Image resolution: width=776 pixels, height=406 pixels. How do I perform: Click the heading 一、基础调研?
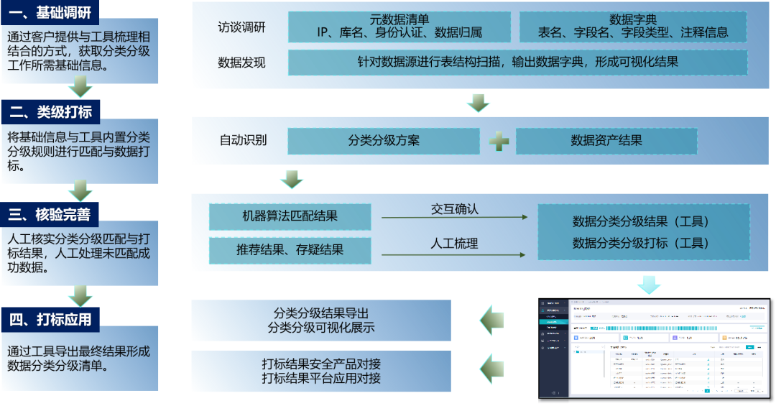point(50,11)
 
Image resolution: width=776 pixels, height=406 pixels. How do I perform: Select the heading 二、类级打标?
point(50,111)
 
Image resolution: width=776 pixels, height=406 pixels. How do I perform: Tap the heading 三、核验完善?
point(50,214)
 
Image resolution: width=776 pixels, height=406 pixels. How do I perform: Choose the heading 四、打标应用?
point(50,318)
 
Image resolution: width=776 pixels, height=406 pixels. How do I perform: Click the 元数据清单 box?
point(399,26)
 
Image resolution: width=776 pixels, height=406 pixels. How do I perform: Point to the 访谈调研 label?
point(241,27)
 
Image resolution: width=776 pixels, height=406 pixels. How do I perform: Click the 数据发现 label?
point(241,63)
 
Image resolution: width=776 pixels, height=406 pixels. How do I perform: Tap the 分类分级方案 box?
point(384,141)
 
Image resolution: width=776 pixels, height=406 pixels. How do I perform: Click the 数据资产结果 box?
point(606,141)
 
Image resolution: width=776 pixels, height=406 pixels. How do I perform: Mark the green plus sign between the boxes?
point(499,141)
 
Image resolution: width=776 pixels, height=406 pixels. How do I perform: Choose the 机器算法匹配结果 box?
point(290,216)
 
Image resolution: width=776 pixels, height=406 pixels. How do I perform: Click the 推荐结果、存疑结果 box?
point(290,250)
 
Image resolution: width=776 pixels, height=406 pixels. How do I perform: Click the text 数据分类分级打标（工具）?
point(641,244)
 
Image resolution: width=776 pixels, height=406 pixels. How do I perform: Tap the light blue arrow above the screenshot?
point(648,285)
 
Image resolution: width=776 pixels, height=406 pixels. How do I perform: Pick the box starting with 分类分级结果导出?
point(321,320)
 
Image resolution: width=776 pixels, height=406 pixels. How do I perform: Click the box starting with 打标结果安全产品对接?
point(321,371)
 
